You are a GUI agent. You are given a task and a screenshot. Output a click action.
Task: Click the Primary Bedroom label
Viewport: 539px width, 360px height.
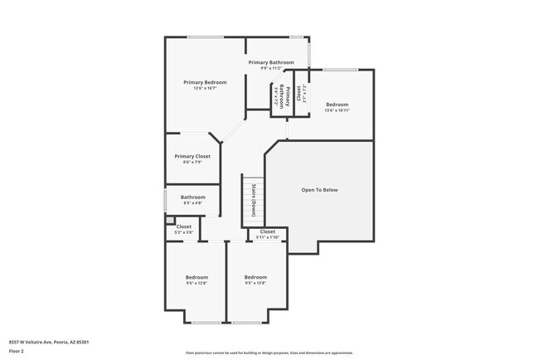(x=205, y=82)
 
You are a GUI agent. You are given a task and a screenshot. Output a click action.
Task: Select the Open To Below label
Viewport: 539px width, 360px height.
(x=319, y=190)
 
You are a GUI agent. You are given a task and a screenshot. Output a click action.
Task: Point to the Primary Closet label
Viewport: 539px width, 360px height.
(x=192, y=156)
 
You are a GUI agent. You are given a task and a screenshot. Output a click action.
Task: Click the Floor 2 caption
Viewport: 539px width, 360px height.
(x=17, y=350)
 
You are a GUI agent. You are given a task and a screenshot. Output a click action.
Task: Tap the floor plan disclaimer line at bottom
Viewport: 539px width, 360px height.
(x=269, y=353)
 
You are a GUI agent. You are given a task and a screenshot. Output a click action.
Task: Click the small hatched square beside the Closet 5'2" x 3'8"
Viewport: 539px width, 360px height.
(x=170, y=221)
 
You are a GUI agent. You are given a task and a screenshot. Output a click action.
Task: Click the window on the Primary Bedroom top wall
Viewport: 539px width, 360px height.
(x=204, y=37)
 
